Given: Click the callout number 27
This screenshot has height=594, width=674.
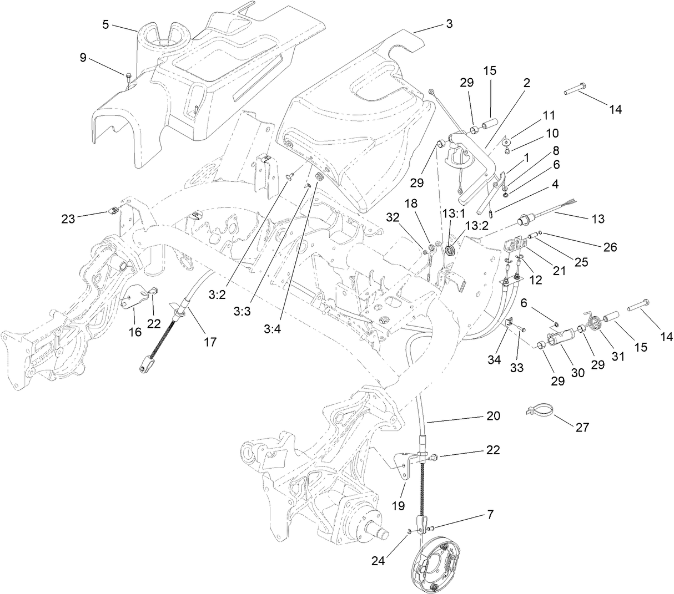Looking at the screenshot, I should (x=582, y=427).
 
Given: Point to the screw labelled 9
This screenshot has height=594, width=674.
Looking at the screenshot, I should (x=128, y=77).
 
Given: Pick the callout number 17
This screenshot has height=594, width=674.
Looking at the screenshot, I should (x=209, y=342).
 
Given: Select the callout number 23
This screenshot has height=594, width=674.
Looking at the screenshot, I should (x=69, y=219).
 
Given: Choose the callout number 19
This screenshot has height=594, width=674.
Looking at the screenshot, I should (x=399, y=505).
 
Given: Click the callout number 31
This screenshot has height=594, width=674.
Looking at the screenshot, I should (x=618, y=357).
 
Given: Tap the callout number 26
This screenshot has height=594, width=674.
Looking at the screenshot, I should (x=610, y=247).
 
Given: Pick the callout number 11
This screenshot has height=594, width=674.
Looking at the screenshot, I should (x=549, y=115).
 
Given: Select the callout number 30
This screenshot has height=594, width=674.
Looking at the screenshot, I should (x=578, y=373).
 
